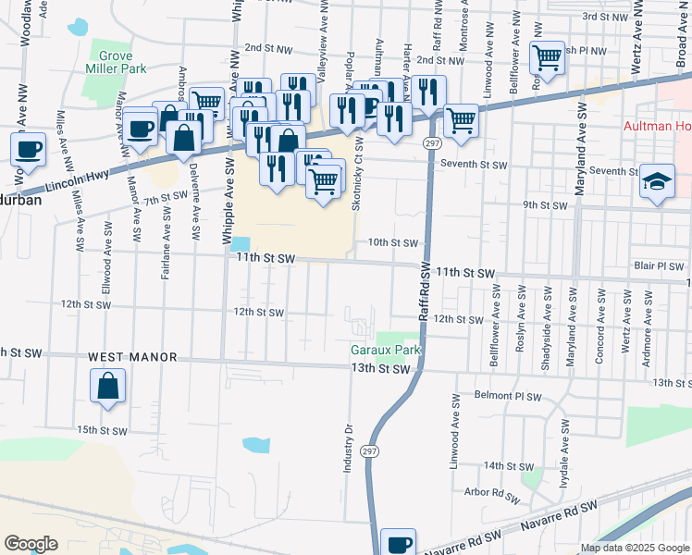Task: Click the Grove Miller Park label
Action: [x=117, y=61]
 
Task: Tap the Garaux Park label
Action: [x=386, y=351]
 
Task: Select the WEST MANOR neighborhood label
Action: [x=125, y=357]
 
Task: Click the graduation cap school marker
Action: [x=657, y=182]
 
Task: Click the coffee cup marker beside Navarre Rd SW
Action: [x=399, y=543]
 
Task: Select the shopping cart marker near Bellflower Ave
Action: [x=547, y=57]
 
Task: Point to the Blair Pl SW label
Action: [x=658, y=265]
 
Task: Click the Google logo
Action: [x=31, y=544]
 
